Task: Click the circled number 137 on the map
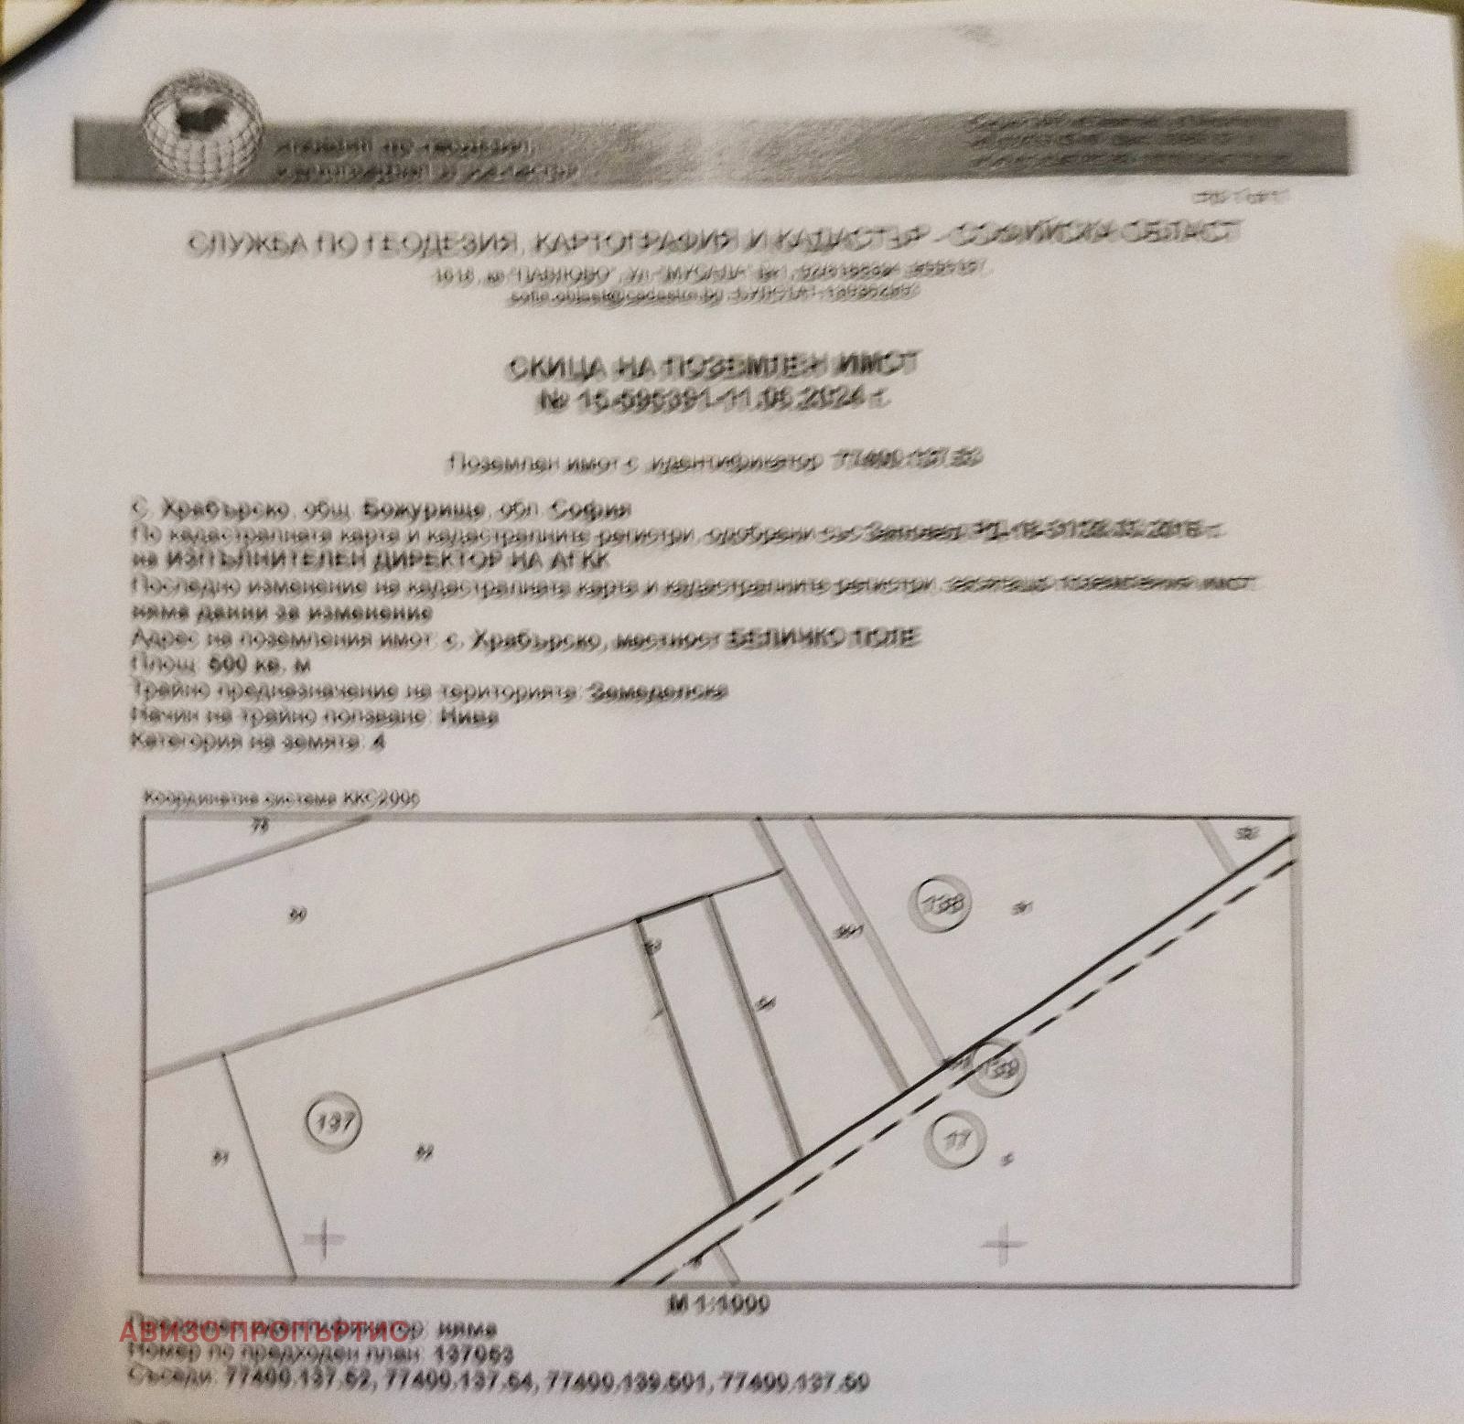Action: coord(334,1121)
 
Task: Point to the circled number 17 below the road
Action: coord(955,1140)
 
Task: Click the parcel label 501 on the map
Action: coord(850,932)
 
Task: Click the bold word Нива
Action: coord(468,717)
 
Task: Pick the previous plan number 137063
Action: coord(476,1354)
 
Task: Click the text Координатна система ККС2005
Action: coord(279,798)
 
